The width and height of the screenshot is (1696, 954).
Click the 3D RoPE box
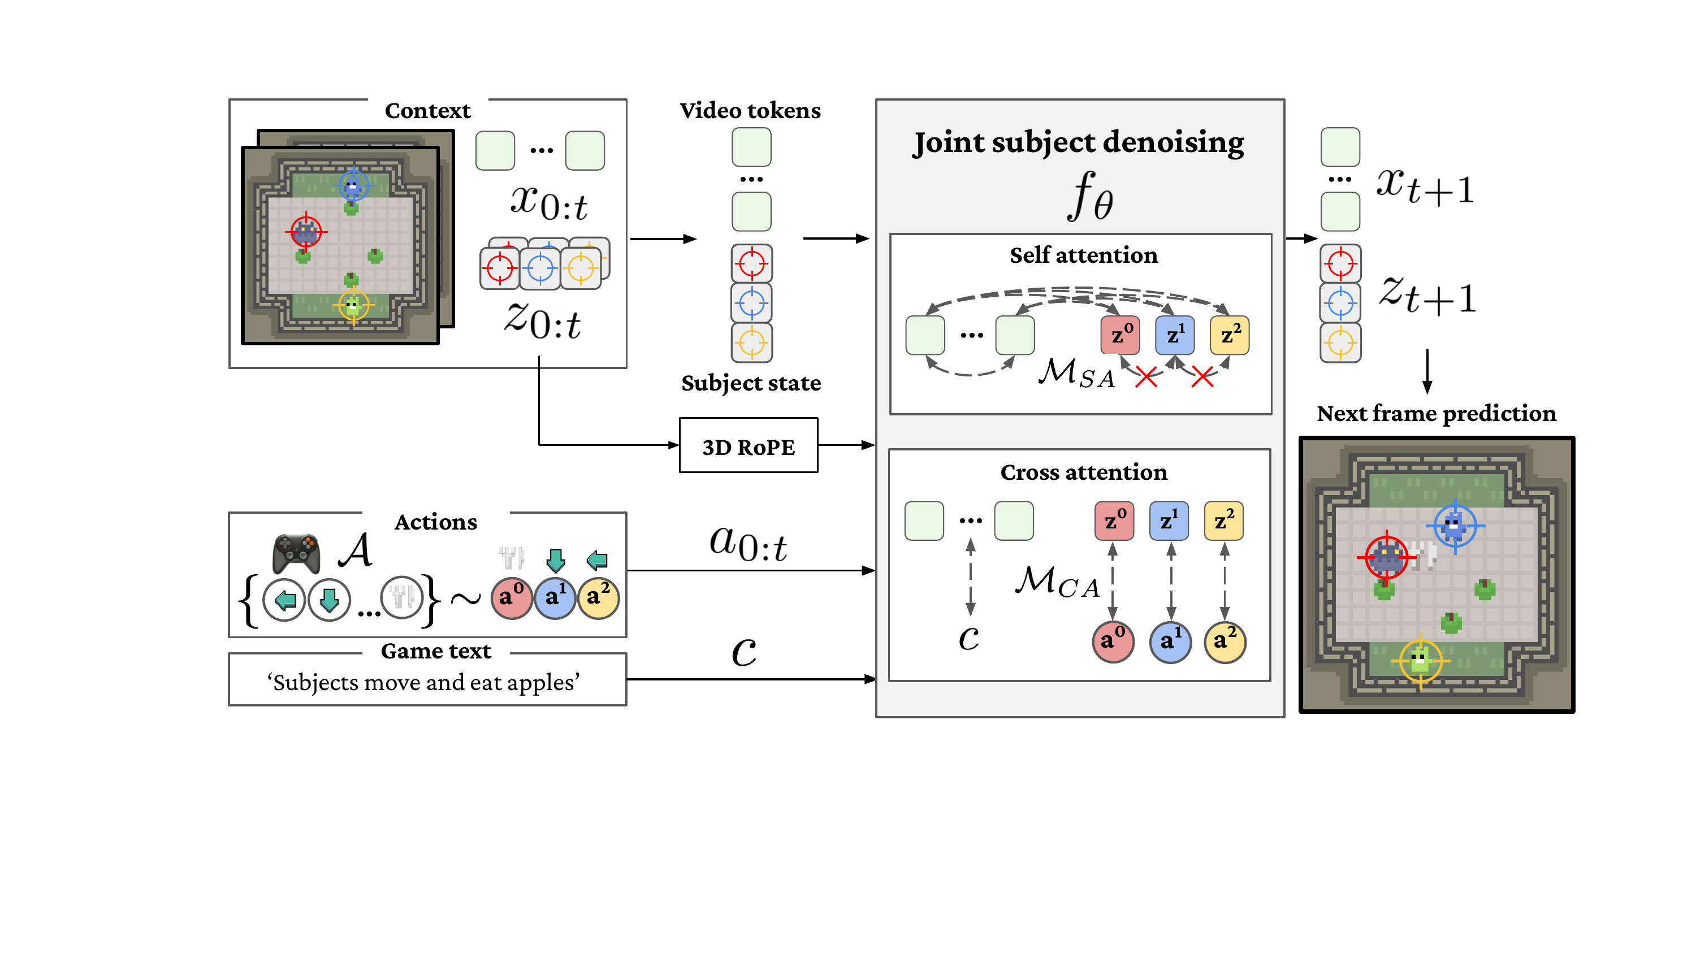pyautogui.click(x=748, y=446)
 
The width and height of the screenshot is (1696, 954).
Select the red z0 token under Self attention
pyautogui.click(x=1120, y=335)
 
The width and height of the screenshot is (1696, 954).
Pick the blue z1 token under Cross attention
pyautogui.click(x=1169, y=521)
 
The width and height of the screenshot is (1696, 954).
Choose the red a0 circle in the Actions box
pyautogui.click(x=512, y=597)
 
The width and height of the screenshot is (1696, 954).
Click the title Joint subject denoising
pyautogui.click(x=1079, y=142)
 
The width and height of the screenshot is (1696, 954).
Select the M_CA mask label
pyautogui.click(x=1057, y=582)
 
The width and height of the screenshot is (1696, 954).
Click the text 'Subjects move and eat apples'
pyautogui.click(x=424, y=682)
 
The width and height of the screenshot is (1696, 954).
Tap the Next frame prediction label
pyautogui.click(x=1436, y=414)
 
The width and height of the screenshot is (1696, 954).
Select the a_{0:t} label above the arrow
pyautogui.click(x=748, y=544)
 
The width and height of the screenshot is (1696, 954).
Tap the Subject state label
pyautogui.click(x=751, y=383)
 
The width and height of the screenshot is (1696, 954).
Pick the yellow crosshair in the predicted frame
pyautogui.click(x=1420, y=660)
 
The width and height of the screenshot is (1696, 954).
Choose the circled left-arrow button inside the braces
pyautogui.click(x=284, y=599)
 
